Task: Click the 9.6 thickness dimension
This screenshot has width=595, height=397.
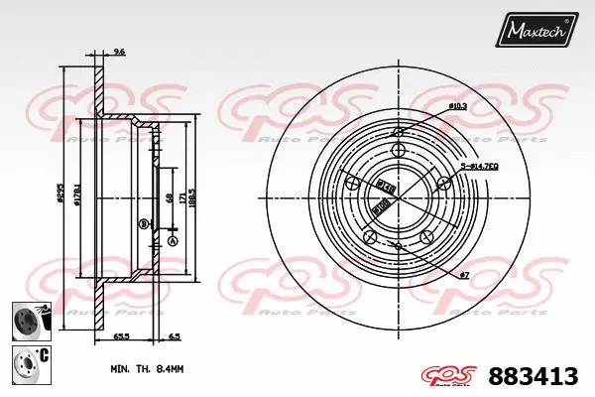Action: click(x=118, y=51)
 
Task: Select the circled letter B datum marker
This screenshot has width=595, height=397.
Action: click(x=144, y=223)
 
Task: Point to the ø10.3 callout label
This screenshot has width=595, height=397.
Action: click(x=459, y=105)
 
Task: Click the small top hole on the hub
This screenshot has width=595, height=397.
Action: click(x=398, y=133)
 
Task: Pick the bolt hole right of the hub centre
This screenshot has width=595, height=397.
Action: click(x=443, y=182)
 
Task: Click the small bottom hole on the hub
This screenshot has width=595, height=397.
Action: click(x=398, y=245)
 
